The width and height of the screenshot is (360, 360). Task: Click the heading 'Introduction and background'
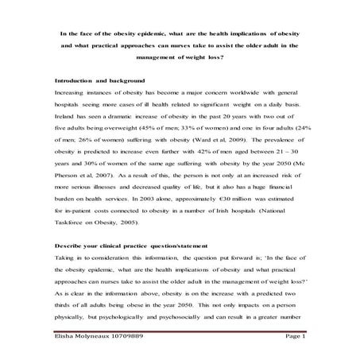(x=99, y=82)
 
